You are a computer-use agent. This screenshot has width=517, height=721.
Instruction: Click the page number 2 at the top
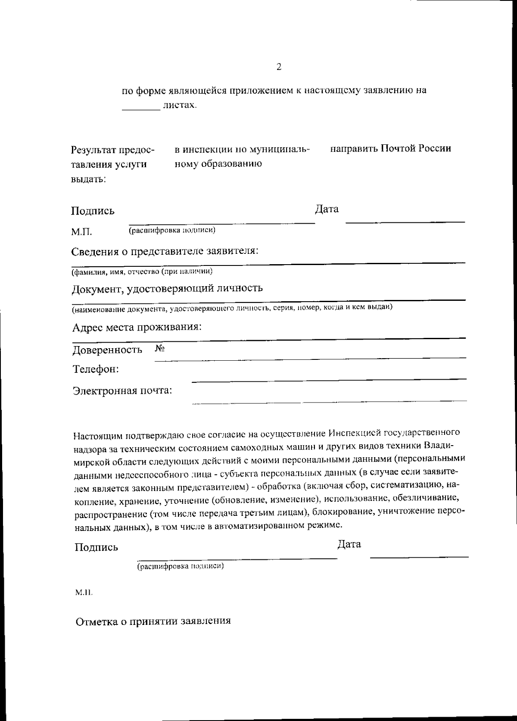pos(279,67)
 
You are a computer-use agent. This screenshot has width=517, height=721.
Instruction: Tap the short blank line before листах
pos(141,109)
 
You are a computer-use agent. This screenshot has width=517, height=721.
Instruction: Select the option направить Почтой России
pos(391,149)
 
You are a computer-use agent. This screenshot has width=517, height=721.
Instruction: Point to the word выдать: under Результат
pos(88,179)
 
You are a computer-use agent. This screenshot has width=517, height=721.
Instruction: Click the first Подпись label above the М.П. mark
pos(93,211)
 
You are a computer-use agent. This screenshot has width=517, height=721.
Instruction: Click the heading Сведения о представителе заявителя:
pos(165,251)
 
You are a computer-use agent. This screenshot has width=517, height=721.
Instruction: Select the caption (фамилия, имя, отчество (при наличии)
pos(142,272)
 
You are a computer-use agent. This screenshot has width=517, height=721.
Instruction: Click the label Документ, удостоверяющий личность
pos(167,288)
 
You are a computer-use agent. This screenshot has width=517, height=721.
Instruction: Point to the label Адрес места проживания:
pos(137,327)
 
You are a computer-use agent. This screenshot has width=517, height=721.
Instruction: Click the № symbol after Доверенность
pos(159,348)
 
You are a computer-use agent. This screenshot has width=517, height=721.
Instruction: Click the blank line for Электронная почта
pos(329,401)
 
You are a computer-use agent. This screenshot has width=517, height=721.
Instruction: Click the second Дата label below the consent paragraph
pos(349,544)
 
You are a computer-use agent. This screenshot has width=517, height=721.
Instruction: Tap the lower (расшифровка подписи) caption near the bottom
pos(181,566)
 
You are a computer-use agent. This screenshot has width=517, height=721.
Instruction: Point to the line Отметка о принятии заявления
pos(153,621)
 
